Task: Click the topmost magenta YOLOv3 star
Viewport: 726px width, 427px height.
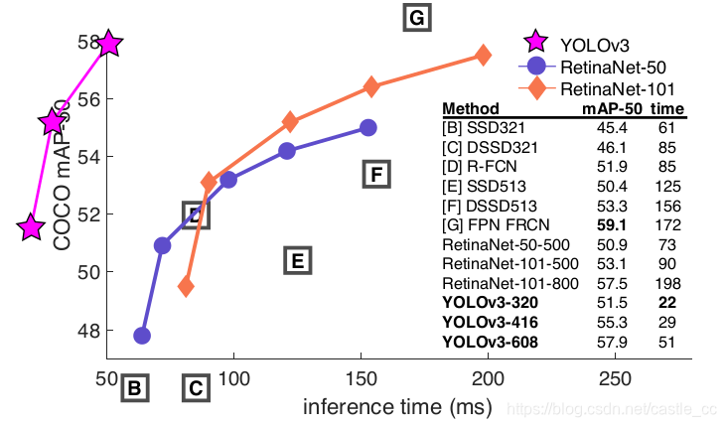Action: [x=108, y=44]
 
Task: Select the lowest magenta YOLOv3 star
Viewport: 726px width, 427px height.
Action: [x=32, y=227]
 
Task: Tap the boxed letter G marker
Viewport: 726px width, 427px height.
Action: [x=417, y=18]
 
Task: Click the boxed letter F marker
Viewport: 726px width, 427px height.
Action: [x=374, y=175]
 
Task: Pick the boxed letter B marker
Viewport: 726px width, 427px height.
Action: [x=135, y=388]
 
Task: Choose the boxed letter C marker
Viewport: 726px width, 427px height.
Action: [x=196, y=388]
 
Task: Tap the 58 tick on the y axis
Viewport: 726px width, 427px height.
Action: [x=87, y=42]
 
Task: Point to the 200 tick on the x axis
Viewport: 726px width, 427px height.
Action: [x=488, y=380]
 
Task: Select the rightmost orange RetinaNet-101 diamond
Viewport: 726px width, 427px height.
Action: [x=484, y=56]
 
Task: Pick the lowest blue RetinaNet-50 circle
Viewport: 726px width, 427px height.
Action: [x=142, y=336]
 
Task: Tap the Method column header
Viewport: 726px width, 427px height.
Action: [x=471, y=108]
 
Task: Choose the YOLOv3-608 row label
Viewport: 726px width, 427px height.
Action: [x=490, y=343]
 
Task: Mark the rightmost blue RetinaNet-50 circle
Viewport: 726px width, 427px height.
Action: [x=368, y=127]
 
